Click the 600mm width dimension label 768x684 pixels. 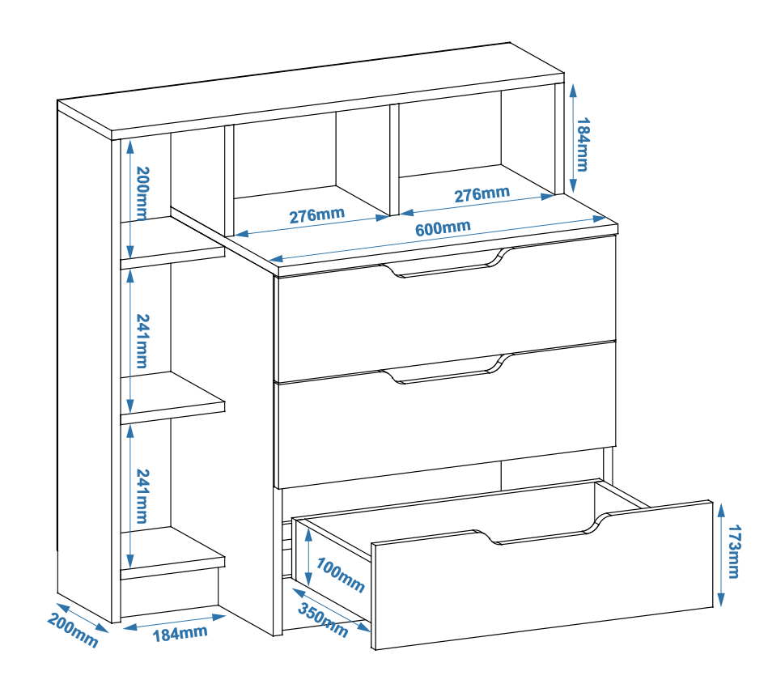point(443,227)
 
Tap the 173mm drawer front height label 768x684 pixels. point(734,552)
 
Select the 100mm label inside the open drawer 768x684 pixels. point(340,576)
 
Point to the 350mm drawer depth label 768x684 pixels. point(323,620)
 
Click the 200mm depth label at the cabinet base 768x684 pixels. point(73,631)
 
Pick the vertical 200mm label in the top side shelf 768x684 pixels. point(142,193)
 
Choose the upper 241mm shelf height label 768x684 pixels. point(142,341)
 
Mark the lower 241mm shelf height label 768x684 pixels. point(142,496)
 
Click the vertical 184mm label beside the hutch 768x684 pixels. point(583,145)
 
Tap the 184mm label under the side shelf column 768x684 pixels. point(180,634)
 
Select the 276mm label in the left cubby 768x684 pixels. point(317,215)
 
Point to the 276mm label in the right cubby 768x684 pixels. point(482,194)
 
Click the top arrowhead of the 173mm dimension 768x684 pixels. point(721,511)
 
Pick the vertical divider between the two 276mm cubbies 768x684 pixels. point(394,159)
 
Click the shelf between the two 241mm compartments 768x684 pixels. point(172,397)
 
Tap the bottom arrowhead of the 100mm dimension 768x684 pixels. point(308,579)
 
